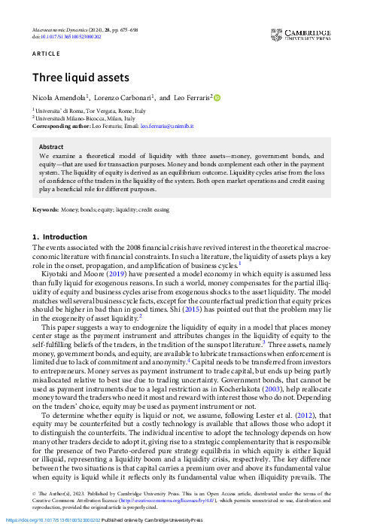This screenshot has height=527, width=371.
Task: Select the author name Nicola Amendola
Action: click(x=59, y=97)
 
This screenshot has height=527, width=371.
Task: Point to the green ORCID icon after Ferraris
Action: click(x=217, y=96)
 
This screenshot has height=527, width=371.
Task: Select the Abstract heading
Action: click(x=51, y=147)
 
